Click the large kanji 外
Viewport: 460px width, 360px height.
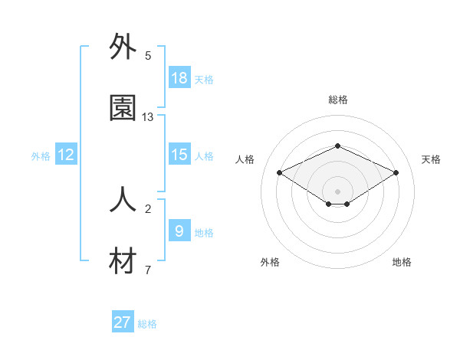123,47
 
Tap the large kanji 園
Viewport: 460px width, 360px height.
123,109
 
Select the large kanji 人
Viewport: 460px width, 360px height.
123,201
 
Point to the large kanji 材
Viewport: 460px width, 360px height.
123,262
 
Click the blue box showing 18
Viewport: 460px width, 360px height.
179,77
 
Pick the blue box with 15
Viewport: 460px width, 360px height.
179,155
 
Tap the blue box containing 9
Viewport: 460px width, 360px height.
179,231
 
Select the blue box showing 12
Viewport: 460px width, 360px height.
66,155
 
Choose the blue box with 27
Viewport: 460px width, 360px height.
123,322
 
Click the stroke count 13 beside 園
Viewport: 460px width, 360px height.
148,117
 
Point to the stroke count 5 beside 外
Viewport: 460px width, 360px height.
148,56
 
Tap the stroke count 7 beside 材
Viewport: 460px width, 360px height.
148,270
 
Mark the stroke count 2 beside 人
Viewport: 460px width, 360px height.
148,208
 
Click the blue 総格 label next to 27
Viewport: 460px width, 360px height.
147,324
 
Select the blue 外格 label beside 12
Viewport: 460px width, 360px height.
41,156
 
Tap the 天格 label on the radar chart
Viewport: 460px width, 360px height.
431,159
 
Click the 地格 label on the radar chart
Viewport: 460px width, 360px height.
402,262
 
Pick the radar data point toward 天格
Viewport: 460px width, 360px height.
396,172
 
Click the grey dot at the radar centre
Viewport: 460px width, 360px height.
337,191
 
